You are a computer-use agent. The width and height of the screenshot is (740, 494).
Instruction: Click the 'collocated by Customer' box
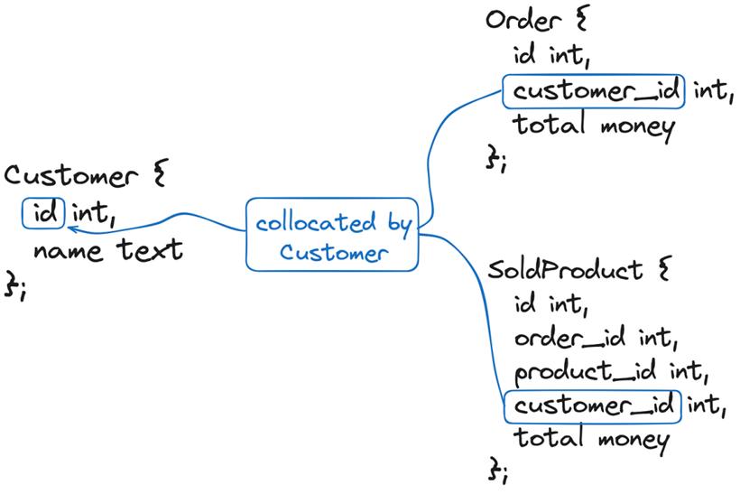(x=332, y=234)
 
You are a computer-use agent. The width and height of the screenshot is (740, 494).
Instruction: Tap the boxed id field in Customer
(x=43, y=213)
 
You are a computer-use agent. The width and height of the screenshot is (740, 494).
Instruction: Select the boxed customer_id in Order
(x=594, y=91)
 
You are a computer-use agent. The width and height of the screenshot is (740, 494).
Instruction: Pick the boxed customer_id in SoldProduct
(x=593, y=406)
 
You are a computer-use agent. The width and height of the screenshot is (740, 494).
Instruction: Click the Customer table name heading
(x=70, y=176)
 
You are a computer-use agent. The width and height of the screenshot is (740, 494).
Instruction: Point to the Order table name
(x=523, y=20)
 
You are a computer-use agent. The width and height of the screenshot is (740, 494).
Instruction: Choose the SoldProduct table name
(x=564, y=270)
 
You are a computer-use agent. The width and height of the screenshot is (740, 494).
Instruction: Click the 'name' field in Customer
(x=68, y=251)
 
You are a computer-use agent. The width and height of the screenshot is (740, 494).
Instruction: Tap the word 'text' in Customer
(x=150, y=249)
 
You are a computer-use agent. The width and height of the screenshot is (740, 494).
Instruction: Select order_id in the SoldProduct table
(x=570, y=338)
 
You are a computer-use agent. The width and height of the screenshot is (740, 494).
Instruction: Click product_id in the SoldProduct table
(x=585, y=372)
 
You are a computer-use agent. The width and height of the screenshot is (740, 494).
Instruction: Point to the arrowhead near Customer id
(x=73, y=229)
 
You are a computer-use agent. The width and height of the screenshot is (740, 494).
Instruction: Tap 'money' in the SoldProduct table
(x=634, y=441)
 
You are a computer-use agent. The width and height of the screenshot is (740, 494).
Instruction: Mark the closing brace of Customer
(x=11, y=284)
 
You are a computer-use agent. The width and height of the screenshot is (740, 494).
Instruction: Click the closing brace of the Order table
(x=492, y=157)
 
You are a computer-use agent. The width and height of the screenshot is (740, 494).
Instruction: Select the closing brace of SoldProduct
(x=495, y=468)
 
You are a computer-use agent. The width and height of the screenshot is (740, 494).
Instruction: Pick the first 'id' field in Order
(x=525, y=54)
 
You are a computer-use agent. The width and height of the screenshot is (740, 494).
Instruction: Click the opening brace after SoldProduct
(x=664, y=268)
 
